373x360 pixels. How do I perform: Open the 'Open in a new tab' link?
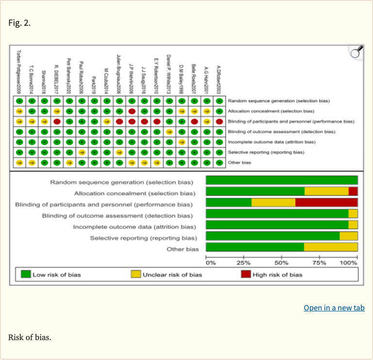tap(334, 308)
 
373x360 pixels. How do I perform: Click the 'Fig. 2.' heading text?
tap(19, 23)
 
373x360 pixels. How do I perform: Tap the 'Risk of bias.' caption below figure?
tap(29, 337)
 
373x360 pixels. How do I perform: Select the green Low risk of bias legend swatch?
tap(26, 274)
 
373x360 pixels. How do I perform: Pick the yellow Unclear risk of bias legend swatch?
tap(136, 274)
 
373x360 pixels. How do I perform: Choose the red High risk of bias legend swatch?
tap(246, 274)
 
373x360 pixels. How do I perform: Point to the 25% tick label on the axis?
tap(244, 263)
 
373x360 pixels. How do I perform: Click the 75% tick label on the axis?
tap(320, 263)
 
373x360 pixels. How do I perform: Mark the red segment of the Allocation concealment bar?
tap(353, 191)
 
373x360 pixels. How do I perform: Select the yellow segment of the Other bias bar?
tap(331, 247)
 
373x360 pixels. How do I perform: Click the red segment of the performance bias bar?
tap(326, 203)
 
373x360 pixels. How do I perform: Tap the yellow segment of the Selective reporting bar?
tap(348, 236)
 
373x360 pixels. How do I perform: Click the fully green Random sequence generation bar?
tap(282, 180)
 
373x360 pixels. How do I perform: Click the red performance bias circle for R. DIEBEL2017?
tap(57, 121)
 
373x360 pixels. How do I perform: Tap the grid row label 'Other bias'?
tap(239, 162)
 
